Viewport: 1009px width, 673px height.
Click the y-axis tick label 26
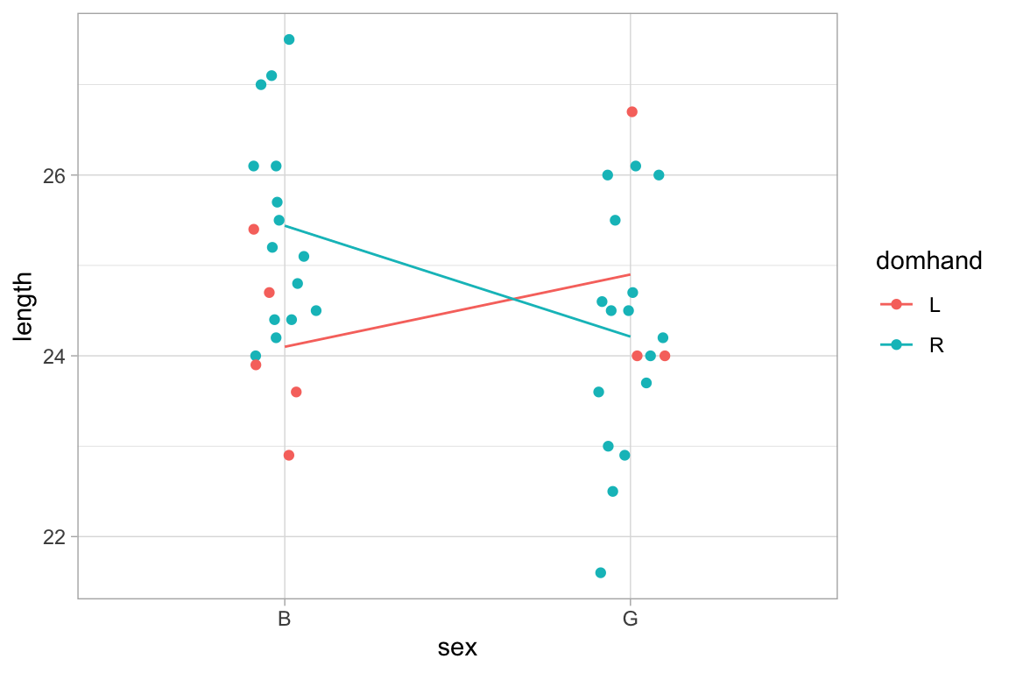click(54, 175)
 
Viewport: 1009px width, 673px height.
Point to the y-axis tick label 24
click(54, 356)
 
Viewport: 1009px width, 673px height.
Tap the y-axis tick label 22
click(54, 536)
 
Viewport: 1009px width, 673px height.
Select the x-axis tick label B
click(284, 620)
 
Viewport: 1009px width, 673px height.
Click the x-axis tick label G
click(630, 620)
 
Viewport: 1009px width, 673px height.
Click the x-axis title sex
click(457, 648)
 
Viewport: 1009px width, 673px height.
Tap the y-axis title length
click(24, 305)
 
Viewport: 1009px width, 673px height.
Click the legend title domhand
click(928, 260)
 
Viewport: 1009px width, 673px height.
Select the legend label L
click(935, 304)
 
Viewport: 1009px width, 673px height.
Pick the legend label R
click(936, 345)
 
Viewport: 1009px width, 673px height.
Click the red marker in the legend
click(896, 304)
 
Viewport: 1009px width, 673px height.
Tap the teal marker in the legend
click(896, 345)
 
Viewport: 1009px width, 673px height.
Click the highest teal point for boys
click(289, 39)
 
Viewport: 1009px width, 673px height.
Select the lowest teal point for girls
click(601, 573)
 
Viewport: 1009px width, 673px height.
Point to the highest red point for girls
click(632, 111)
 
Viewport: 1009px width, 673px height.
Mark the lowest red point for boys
click(289, 455)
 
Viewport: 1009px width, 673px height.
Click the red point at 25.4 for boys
click(254, 229)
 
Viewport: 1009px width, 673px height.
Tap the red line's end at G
click(630, 274)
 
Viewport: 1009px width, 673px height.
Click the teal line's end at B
click(285, 225)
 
